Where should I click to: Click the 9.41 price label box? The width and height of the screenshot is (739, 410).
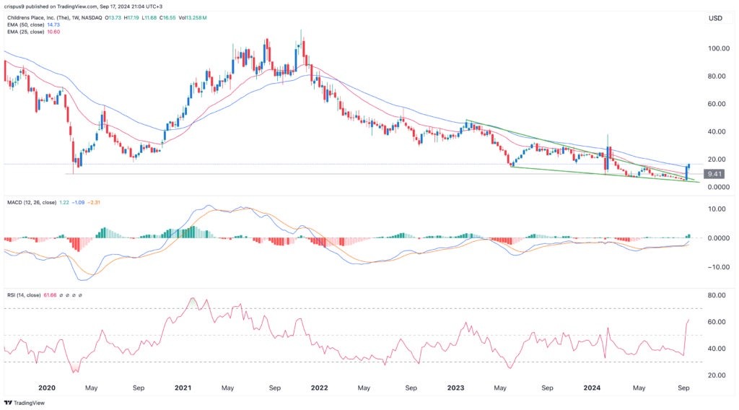[x=714, y=174]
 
